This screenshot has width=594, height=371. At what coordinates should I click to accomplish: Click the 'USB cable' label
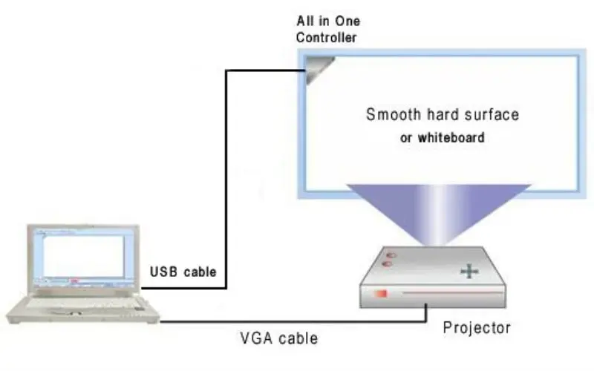point(183,272)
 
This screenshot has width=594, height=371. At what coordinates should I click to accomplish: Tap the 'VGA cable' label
point(280,338)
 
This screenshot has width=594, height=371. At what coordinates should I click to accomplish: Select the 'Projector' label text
point(477,327)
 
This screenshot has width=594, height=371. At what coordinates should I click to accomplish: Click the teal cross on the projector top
point(469,272)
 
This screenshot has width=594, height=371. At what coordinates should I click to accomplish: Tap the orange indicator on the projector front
point(382,295)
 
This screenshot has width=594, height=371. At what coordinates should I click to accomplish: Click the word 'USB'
point(164,272)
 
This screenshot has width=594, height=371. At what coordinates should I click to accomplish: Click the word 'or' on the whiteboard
point(406,138)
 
